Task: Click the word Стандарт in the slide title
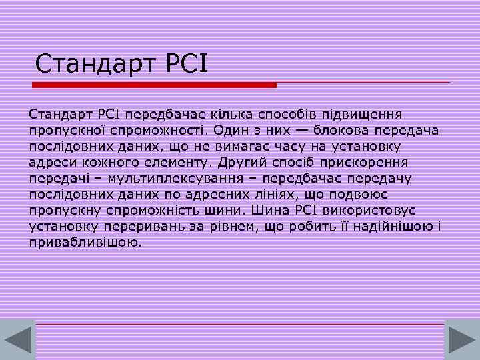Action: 91,65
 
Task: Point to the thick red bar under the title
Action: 155,85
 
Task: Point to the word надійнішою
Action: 395,226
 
